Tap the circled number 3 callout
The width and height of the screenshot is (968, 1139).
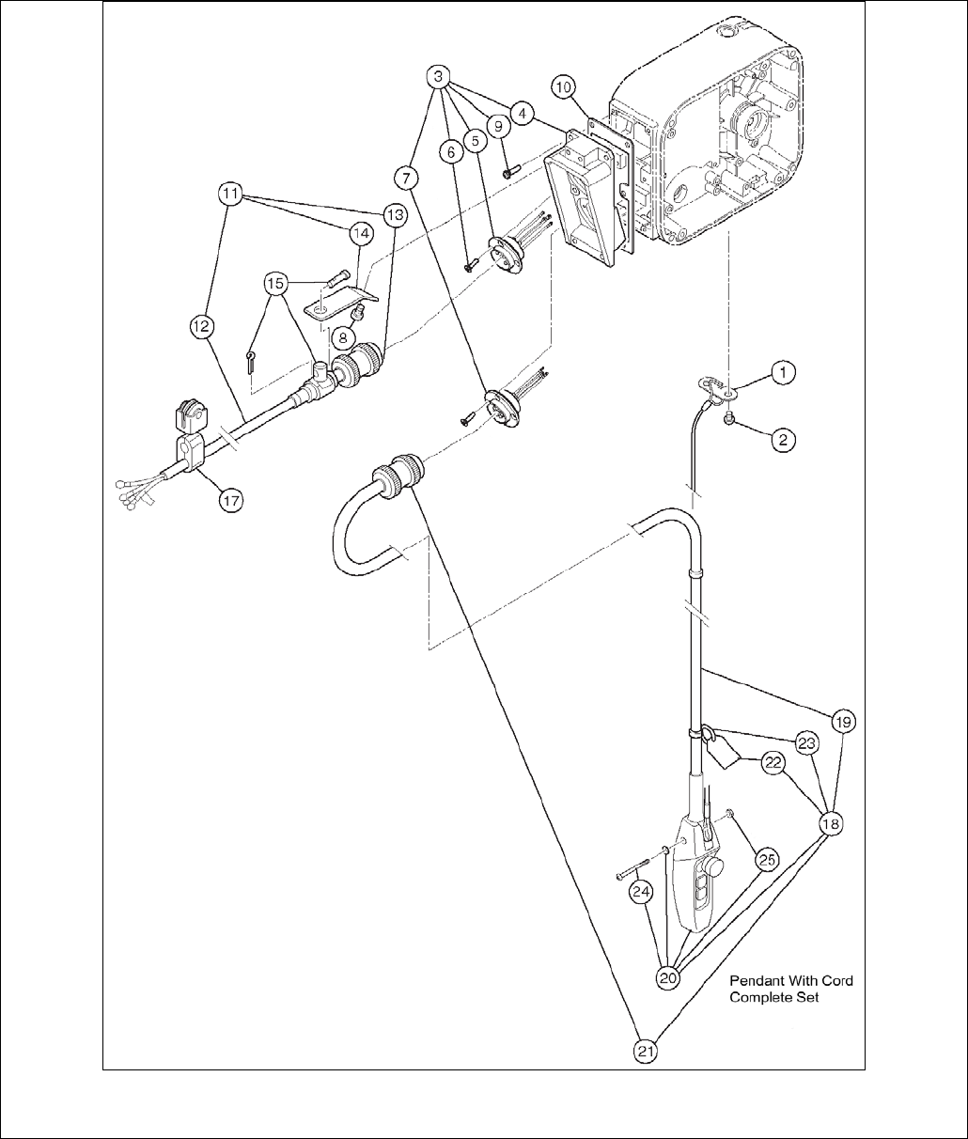coord(437,75)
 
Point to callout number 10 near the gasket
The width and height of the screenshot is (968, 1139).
coord(564,87)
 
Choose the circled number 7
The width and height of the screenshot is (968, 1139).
coord(406,177)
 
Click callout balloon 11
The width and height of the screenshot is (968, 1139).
coord(230,195)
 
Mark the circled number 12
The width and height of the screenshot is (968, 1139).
coord(202,326)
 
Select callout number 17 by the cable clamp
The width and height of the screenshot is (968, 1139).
coord(230,501)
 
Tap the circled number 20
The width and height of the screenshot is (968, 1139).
coord(668,976)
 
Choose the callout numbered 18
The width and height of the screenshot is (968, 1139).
coord(831,823)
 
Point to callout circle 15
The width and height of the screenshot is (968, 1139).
coord(273,281)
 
